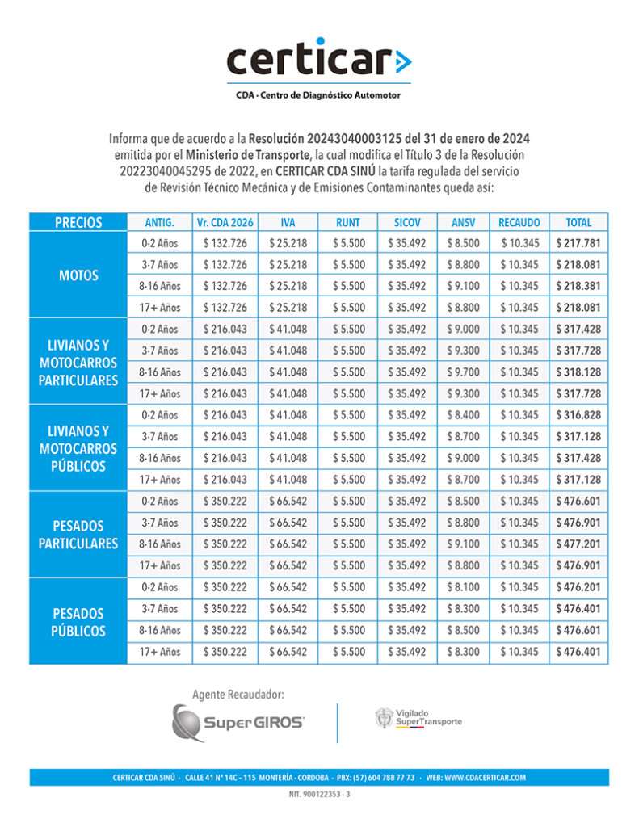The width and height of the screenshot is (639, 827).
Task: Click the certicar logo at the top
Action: [318, 61]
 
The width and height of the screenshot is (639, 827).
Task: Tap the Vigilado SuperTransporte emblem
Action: [418, 717]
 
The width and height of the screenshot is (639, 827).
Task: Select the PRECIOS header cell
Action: [78, 222]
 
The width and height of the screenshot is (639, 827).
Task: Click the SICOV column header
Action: [407, 222]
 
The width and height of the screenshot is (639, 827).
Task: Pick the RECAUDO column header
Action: [518, 222]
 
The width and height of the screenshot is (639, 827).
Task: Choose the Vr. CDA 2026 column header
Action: [225, 222]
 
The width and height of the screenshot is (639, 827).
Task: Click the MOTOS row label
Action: [78, 275]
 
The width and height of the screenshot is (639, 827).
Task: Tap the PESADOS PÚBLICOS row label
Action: [78, 621]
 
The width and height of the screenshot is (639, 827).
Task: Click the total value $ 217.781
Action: [578, 243]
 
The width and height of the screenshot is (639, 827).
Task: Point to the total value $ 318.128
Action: [578, 372]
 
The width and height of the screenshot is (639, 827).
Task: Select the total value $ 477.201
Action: [578, 544]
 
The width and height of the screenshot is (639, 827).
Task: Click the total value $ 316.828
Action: [578, 415]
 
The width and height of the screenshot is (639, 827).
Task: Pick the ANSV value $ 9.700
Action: [462, 372]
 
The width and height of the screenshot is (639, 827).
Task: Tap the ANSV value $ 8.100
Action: [462, 587]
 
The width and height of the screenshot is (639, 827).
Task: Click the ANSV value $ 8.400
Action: [462, 415]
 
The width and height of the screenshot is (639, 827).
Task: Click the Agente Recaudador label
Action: [238, 694]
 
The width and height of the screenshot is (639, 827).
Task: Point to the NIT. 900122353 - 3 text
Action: [319, 796]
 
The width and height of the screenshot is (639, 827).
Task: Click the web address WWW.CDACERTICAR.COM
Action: [485, 778]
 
